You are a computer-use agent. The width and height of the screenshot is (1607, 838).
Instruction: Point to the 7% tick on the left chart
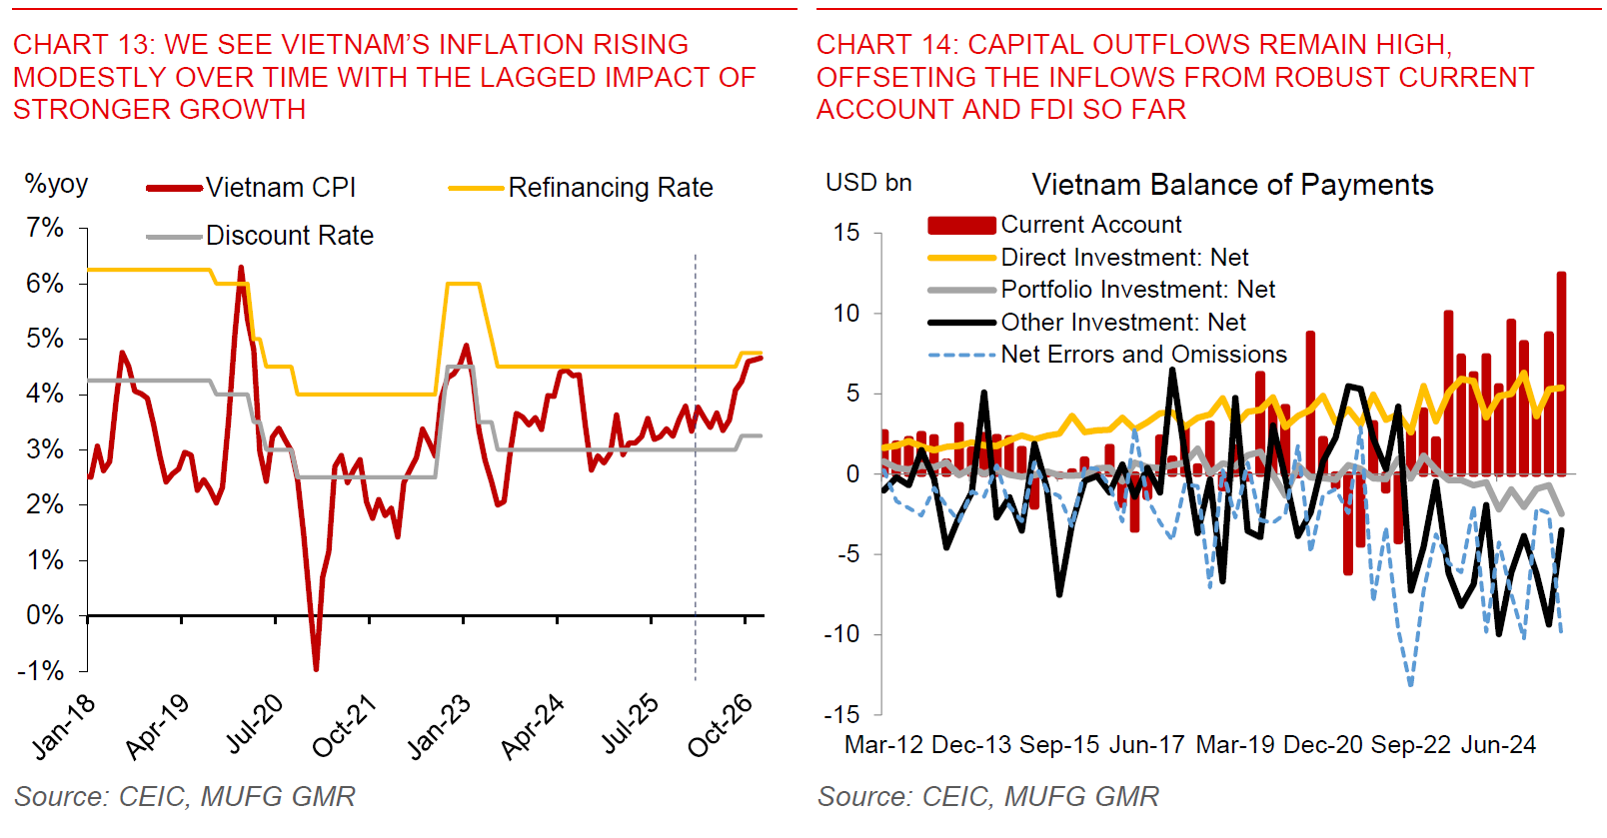click(x=45, y=228)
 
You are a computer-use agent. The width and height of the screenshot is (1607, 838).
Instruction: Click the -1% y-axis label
click(x=41, y=670)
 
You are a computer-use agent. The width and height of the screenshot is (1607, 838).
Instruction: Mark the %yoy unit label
click(x=56, y=184)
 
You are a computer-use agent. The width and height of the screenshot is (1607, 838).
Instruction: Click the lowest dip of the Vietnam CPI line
click(x=316, y=668)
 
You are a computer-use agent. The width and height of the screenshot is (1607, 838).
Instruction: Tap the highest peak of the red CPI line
click(x=241, y=268)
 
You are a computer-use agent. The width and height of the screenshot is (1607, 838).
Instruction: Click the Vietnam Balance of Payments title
click(x=1232, y=185)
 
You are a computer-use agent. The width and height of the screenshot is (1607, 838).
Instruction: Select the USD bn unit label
click(x=868, y=183)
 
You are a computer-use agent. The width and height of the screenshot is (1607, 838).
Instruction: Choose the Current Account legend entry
click(x=1090, y=225)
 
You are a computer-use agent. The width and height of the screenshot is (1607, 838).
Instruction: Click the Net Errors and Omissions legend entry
click(x=1143, y=355)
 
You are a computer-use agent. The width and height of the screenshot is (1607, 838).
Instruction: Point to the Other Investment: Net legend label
click(x=1123, y=323)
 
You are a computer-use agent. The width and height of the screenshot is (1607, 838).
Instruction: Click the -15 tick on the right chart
click(x=841, y=714)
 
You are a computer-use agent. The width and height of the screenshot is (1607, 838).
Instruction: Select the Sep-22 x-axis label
click(x=1410, y=745)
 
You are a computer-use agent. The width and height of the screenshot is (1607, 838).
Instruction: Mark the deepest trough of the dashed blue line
click(x=1410, y=684)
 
